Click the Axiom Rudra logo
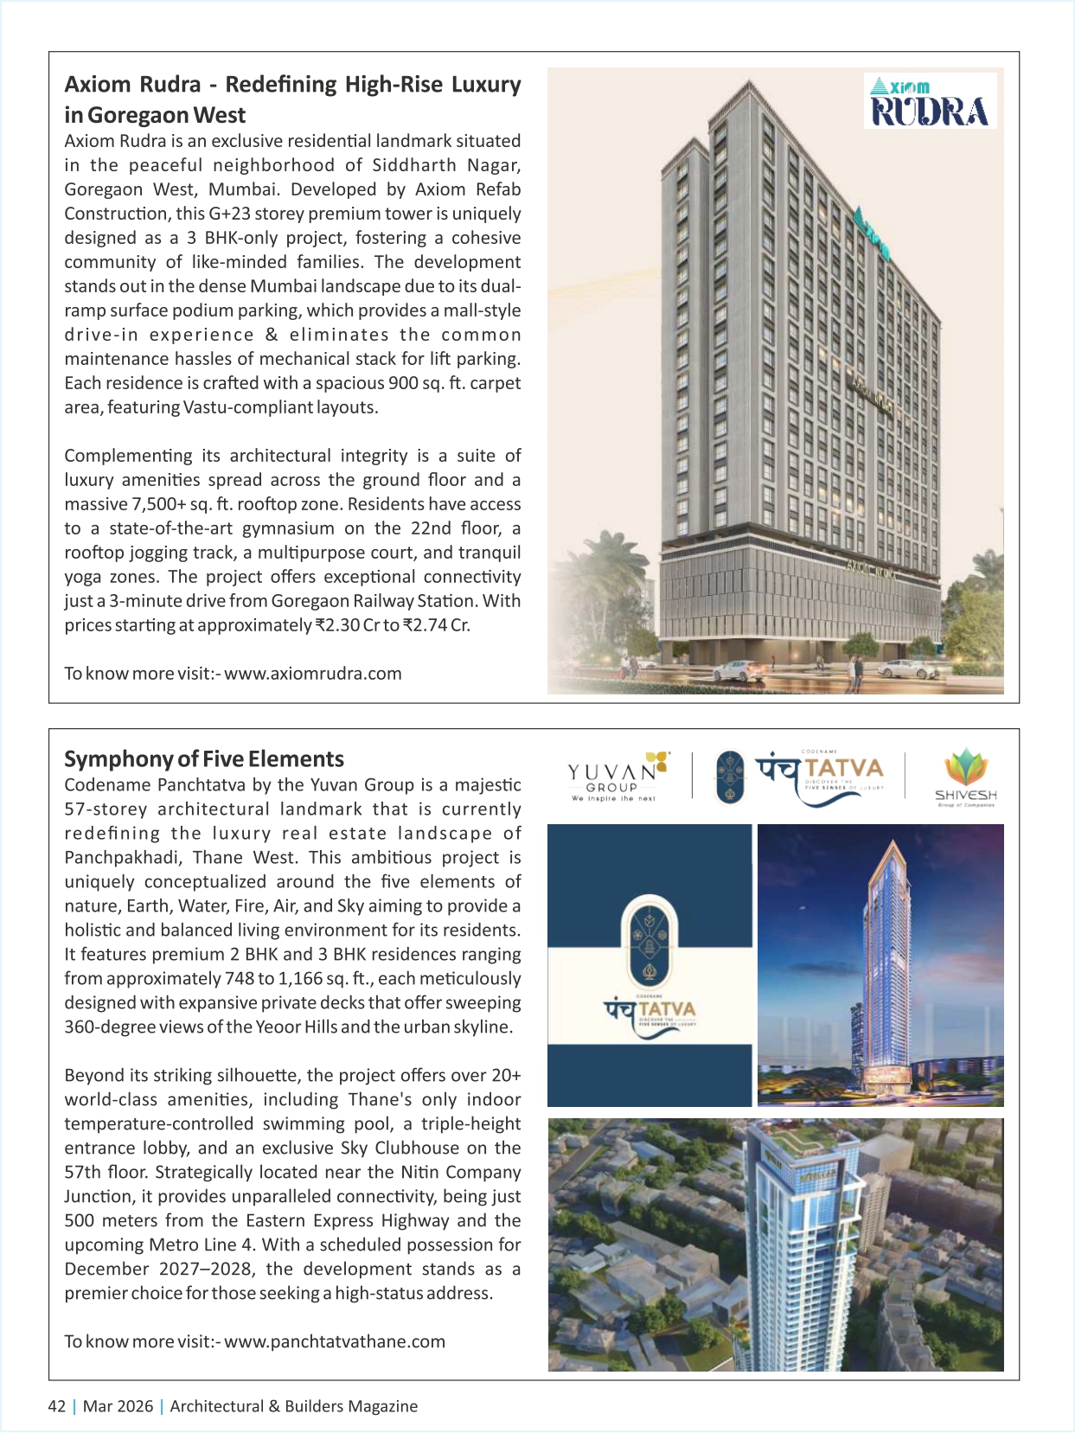[930, 100]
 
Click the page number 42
[56, 1406]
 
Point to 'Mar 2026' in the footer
[118, 1406]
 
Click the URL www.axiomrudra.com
[313, 674]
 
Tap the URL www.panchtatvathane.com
[335, 1341]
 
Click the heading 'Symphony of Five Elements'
[204, 759]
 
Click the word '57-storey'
[101, 809]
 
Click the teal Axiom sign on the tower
[870, 232]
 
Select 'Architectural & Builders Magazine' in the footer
[294, 1406]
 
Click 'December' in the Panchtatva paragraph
[107, 1270]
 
